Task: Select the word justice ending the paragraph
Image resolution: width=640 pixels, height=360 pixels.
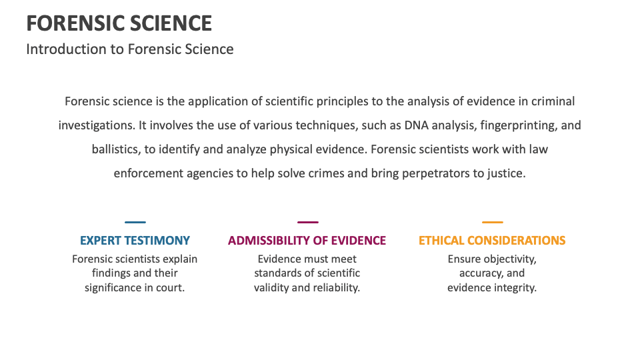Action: tap(507, 173)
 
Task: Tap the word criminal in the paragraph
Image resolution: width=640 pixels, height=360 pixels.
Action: tap(551, 101)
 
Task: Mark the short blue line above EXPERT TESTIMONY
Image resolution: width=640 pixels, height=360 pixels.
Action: tap(135, 222)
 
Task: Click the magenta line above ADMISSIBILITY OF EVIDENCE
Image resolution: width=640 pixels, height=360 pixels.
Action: tap(307, 222)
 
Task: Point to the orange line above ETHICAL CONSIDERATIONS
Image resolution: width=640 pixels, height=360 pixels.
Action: tap(492, 222)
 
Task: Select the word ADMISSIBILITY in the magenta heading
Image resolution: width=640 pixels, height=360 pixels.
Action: tap(266, 241)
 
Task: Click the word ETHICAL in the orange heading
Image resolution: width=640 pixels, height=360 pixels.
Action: tap(441, 241)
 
